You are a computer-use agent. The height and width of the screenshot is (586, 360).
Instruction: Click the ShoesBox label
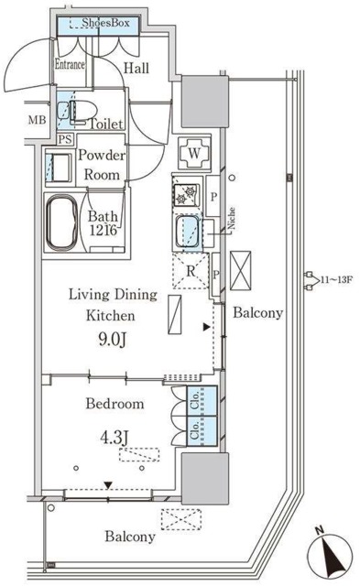(105, 23)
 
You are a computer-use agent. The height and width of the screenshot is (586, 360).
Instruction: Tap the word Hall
(136, 68)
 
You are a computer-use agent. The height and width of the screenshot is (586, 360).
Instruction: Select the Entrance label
(70, 64)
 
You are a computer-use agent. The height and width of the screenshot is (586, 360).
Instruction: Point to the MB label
(38, 120)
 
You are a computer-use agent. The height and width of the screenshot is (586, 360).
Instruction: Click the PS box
(65, 139)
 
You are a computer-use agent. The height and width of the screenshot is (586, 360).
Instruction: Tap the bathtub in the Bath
(62, 222)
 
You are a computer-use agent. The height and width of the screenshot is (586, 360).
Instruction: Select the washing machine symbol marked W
(194, 153)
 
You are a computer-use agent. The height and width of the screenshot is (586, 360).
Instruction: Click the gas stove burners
(187, 194)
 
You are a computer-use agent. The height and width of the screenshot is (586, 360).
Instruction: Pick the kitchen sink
(189, 233)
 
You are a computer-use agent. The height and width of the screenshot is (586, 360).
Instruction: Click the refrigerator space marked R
(191, 271)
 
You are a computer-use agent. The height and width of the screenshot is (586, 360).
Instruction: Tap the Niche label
(232, 218)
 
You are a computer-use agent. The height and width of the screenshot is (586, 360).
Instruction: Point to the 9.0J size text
(113, 339)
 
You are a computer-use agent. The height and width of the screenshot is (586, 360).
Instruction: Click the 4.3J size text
(115, 438)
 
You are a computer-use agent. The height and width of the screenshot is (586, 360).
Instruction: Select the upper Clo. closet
(202, 401)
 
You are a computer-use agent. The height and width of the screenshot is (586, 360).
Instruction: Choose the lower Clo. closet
(202, 431)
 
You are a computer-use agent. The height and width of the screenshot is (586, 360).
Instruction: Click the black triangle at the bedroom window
(108, 485)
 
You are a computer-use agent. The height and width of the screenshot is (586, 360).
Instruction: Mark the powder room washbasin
(59, 168)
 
